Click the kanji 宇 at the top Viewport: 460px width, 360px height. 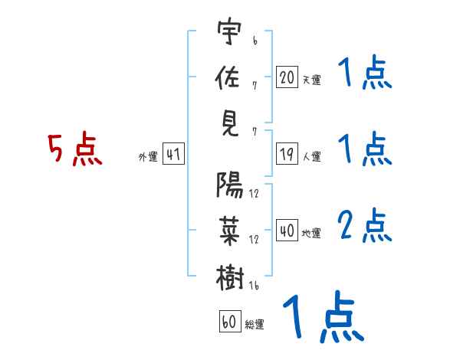coord(229,33)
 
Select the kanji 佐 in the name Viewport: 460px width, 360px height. coord(229,77)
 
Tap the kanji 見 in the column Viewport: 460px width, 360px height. coord(229,123)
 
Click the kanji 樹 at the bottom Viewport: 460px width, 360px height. coord(229,276)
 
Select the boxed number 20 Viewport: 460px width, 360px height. coord(287,77)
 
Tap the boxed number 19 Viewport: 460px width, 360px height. coord(287,155)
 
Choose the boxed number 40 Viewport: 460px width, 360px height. coord(287,231)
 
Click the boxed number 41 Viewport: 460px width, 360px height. coord(173,155)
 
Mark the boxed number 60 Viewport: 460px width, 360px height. coord(229,322)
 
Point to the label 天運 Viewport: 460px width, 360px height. coord(311,80)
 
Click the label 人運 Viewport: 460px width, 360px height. coord(311,157)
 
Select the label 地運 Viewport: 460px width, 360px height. coord(311,233)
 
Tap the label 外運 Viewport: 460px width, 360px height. coord(147,157)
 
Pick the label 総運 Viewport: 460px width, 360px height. coord(255,324)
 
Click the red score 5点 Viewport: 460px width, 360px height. coord(75,149)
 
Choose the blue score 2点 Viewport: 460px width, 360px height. coord(365,226)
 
